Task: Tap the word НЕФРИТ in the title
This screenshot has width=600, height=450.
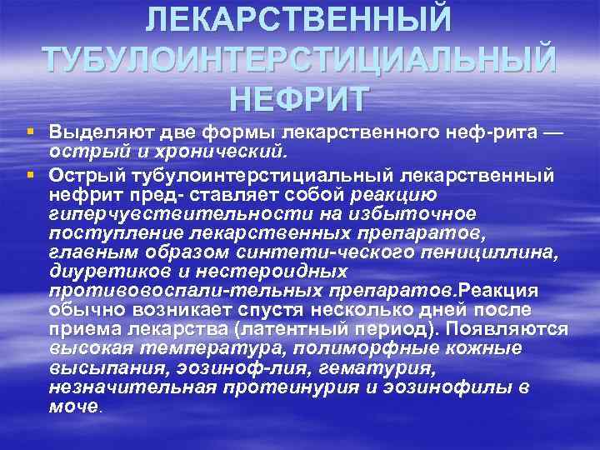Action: coord(300,98)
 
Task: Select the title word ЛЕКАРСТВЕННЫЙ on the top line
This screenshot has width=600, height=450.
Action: coord(300,18)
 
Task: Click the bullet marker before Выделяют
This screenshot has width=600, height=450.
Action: coord(30,132)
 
